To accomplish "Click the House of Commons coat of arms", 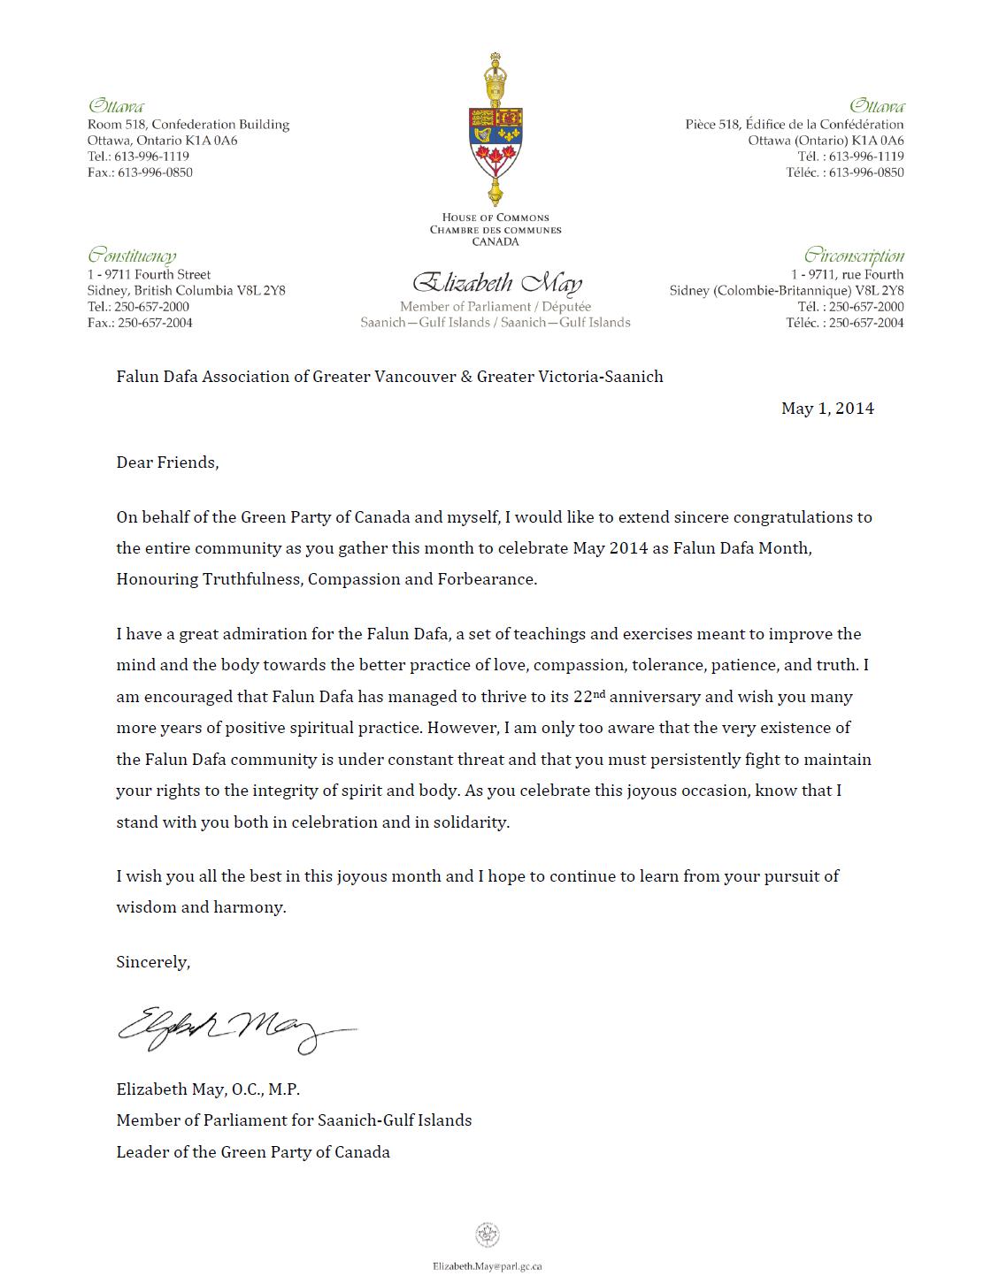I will coord(495,133).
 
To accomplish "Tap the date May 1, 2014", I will coord(827,408).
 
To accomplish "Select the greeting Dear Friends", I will coord(166,462).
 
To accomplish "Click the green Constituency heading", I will coord(132,256).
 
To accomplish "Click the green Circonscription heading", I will coord(854,256).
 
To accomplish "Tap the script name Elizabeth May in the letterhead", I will coord(496,284).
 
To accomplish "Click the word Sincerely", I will coord(152,961).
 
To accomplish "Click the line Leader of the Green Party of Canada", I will coord(253,1152).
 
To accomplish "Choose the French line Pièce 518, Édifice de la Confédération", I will coord(795,125).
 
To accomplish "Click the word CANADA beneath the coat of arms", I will coord(495,241).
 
